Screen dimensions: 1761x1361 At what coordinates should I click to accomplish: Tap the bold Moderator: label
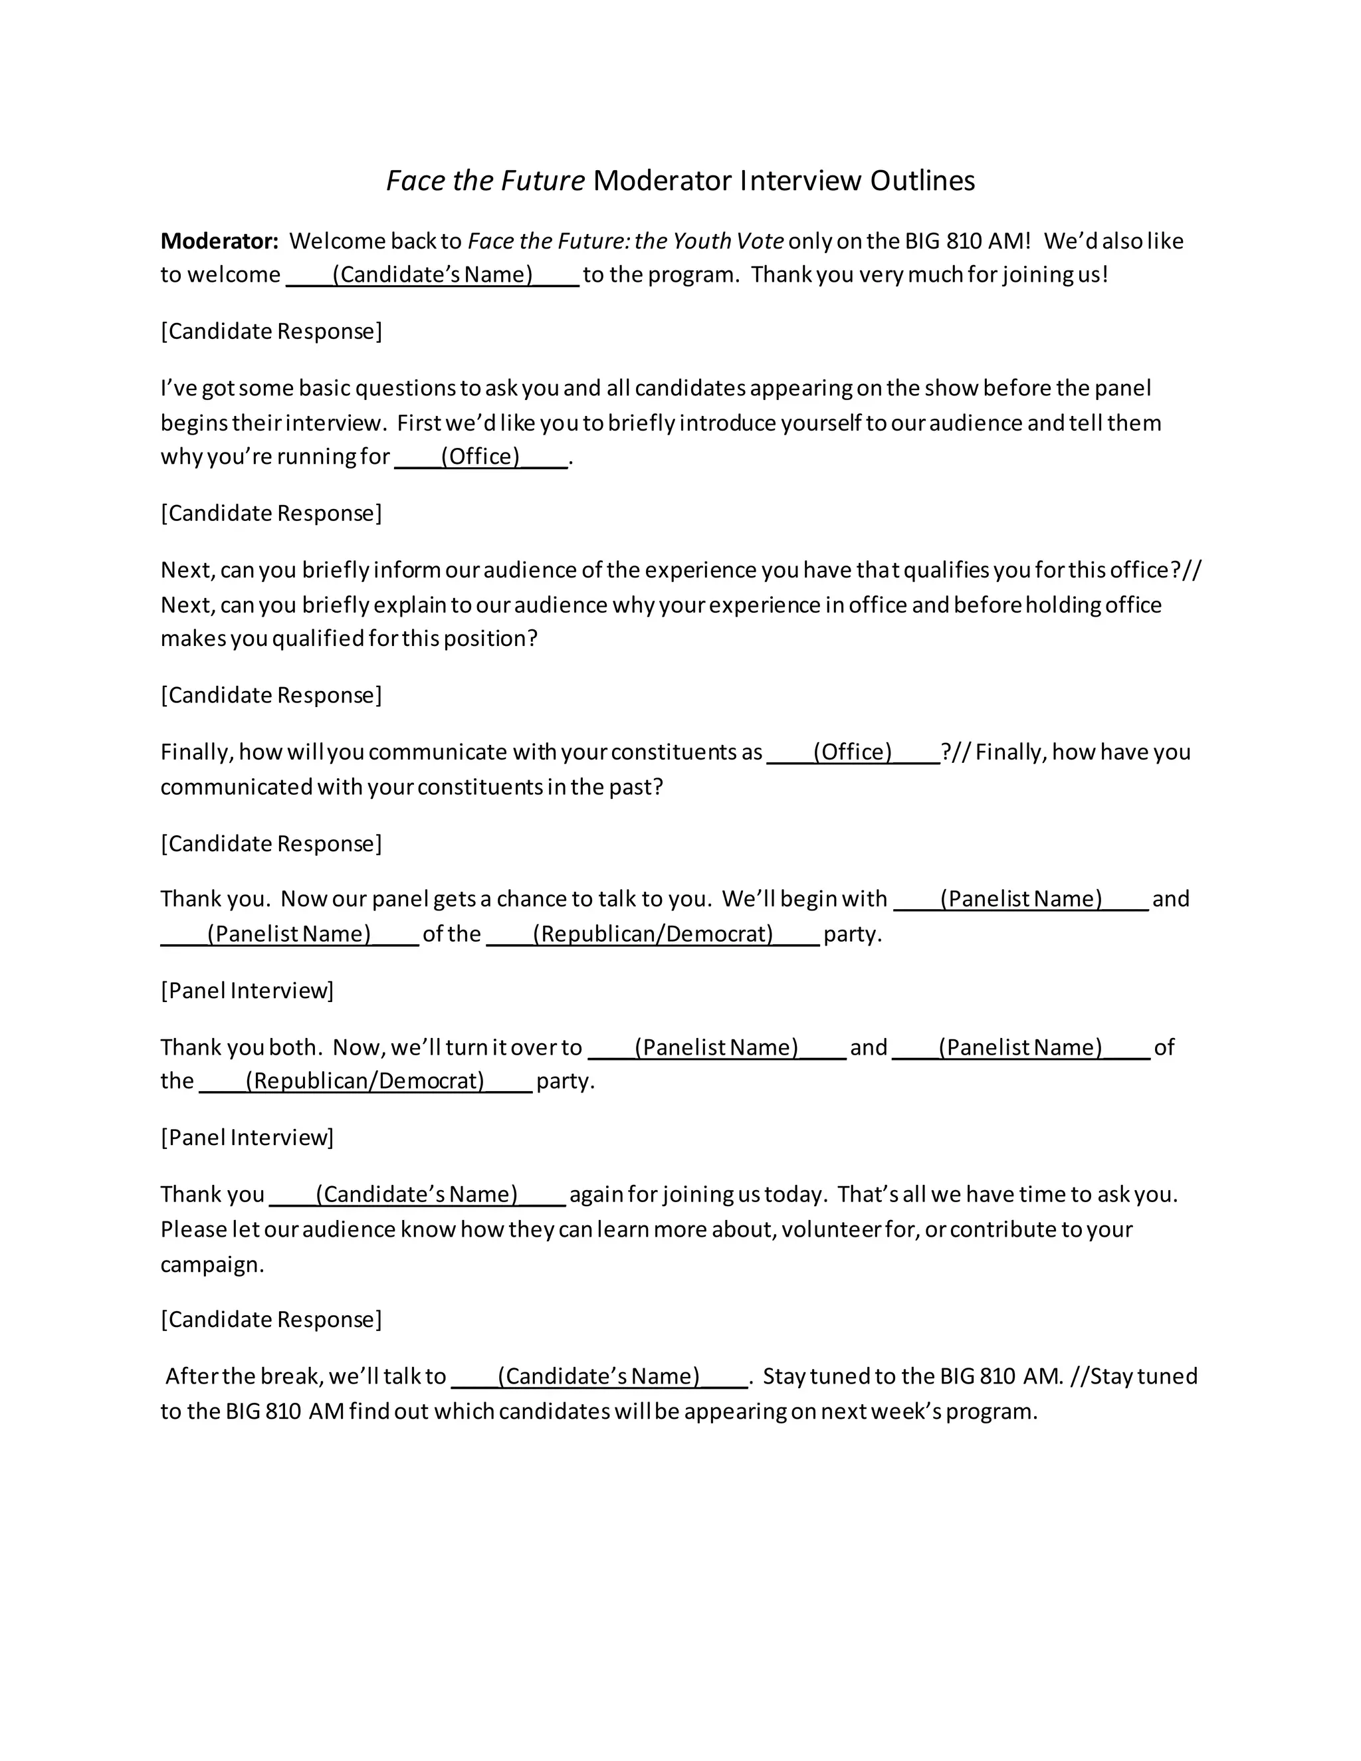219,241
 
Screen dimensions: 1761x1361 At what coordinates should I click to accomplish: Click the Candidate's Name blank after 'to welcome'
433,275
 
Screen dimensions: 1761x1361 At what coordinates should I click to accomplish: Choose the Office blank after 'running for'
480,457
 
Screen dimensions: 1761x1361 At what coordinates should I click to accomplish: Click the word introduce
748,423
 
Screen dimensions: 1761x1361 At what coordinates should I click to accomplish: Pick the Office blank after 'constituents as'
853,752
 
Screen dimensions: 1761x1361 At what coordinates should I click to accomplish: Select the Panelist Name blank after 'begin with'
1021,899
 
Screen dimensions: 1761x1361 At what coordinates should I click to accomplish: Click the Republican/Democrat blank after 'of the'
653,934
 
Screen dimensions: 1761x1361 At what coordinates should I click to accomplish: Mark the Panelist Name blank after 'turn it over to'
717,1047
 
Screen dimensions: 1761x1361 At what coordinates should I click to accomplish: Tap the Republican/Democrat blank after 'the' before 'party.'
366,1081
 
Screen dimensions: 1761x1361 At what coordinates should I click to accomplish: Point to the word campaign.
212,1265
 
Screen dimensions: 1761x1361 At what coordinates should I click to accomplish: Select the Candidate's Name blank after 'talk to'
599,1376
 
